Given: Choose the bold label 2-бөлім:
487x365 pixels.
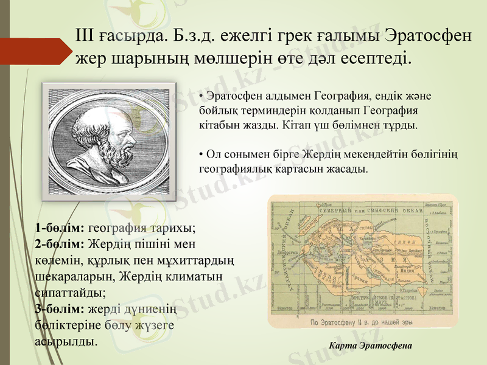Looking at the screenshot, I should pos(60,245).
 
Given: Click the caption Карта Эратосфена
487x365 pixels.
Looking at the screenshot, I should pos(370,346).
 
